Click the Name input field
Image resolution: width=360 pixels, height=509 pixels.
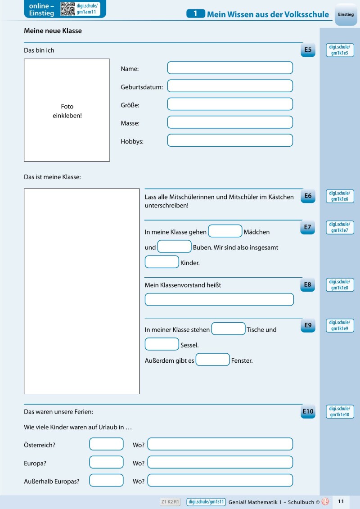click(230, 68)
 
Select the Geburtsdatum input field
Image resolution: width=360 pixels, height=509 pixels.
click(230, 86)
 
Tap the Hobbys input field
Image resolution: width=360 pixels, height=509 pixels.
click(230, 140)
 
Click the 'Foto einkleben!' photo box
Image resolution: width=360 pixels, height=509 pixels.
click(67, 110)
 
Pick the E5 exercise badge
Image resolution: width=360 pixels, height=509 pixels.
click(308, 50)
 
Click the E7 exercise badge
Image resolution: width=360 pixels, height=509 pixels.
click(308, 228)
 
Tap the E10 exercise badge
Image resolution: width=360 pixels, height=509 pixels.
click(308, 411)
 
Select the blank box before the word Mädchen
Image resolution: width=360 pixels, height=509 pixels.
click(225, 231)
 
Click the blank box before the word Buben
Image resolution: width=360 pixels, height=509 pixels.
click(175, 247)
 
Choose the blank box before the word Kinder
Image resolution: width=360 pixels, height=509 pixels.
click(162, 262)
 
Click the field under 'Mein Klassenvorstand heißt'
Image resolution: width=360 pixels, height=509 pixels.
click(219, 300)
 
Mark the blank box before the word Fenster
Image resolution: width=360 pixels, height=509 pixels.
click(213, 360)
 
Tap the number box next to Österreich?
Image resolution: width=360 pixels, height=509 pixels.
click(106, 444)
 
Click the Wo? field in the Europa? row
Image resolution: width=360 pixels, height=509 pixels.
click(220, 462)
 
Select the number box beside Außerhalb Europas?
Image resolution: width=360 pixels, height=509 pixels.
click(106, 480)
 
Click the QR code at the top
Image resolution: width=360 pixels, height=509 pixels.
click(67, 9)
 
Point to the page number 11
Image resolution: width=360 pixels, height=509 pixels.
click(341, 501)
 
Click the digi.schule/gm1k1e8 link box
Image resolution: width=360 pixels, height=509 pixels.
click(340, 285)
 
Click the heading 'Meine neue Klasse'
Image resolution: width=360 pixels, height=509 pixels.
click(53, 31)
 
